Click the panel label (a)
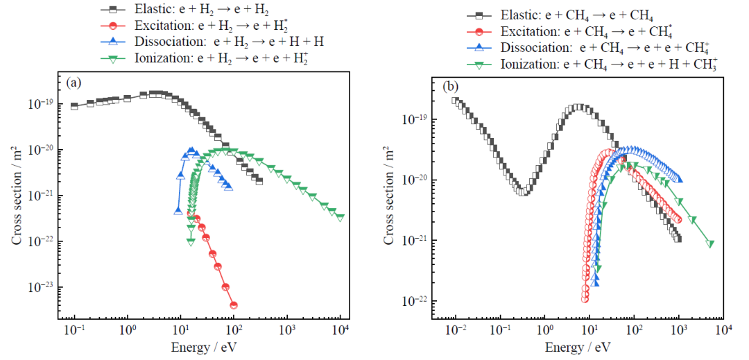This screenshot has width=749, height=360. pos(74,83)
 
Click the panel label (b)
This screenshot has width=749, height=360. pos(451,87)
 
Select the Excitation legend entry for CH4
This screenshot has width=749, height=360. pos(575,32)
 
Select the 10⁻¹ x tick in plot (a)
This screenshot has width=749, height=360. pos(74,328)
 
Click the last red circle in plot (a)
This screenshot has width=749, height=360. pos(234,305)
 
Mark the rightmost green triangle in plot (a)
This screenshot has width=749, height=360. pos(340,217)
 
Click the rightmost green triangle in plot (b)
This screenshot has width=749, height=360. pos(710,243)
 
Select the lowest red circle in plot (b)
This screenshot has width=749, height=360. pos(585,299)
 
